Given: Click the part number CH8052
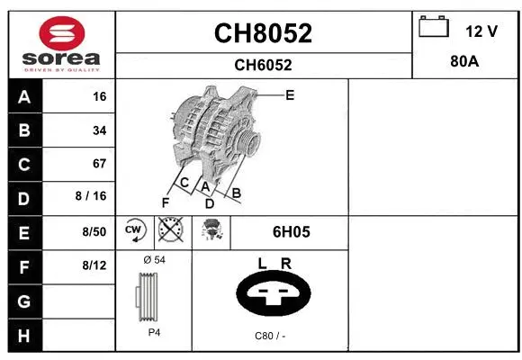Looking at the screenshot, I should [x=263, y=34].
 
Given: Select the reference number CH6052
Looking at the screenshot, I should [x=263, y=65].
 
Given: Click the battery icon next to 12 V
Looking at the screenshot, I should [x=434, y=28].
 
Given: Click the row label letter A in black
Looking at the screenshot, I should [x=23, y=97].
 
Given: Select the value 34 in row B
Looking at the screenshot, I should [x=99, y=130].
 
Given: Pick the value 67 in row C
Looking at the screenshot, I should [x=99, y=164].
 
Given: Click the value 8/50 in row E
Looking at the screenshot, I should [x=94, y=231].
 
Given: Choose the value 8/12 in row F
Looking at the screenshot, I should [x=94, y=265].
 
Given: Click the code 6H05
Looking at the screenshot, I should [x=291, y=231].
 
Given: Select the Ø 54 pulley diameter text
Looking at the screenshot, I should [x=154, y=259].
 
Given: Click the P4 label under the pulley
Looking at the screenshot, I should [x=154, y=332].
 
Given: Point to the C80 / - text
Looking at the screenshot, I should [x=270, y=335].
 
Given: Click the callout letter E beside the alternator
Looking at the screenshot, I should [x=290, y=94].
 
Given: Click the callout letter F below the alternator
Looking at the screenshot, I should [x=166, y=202].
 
